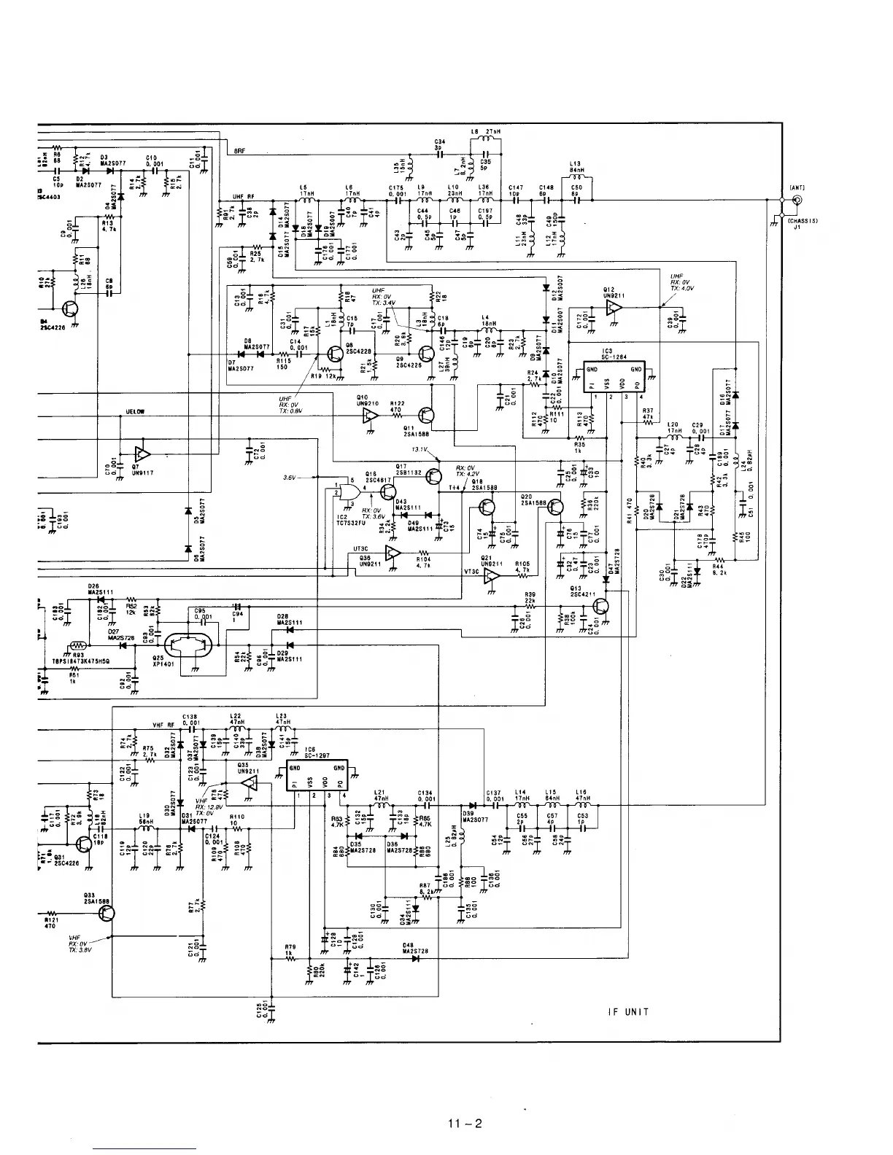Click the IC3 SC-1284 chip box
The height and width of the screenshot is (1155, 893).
(x=619, y=377)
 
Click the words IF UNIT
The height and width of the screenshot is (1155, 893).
(x=627, y=1011)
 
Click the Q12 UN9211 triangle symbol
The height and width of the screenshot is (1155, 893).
(x=613, y=308)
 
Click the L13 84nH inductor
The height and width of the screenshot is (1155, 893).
(x=577, y=176)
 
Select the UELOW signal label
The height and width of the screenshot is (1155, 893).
(x=136, y=412)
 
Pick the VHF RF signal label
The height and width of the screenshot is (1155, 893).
(x=163, y=725)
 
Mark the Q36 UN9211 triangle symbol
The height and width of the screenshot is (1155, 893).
(x=393, y=552)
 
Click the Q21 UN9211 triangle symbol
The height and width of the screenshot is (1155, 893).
(x=494, y=575)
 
